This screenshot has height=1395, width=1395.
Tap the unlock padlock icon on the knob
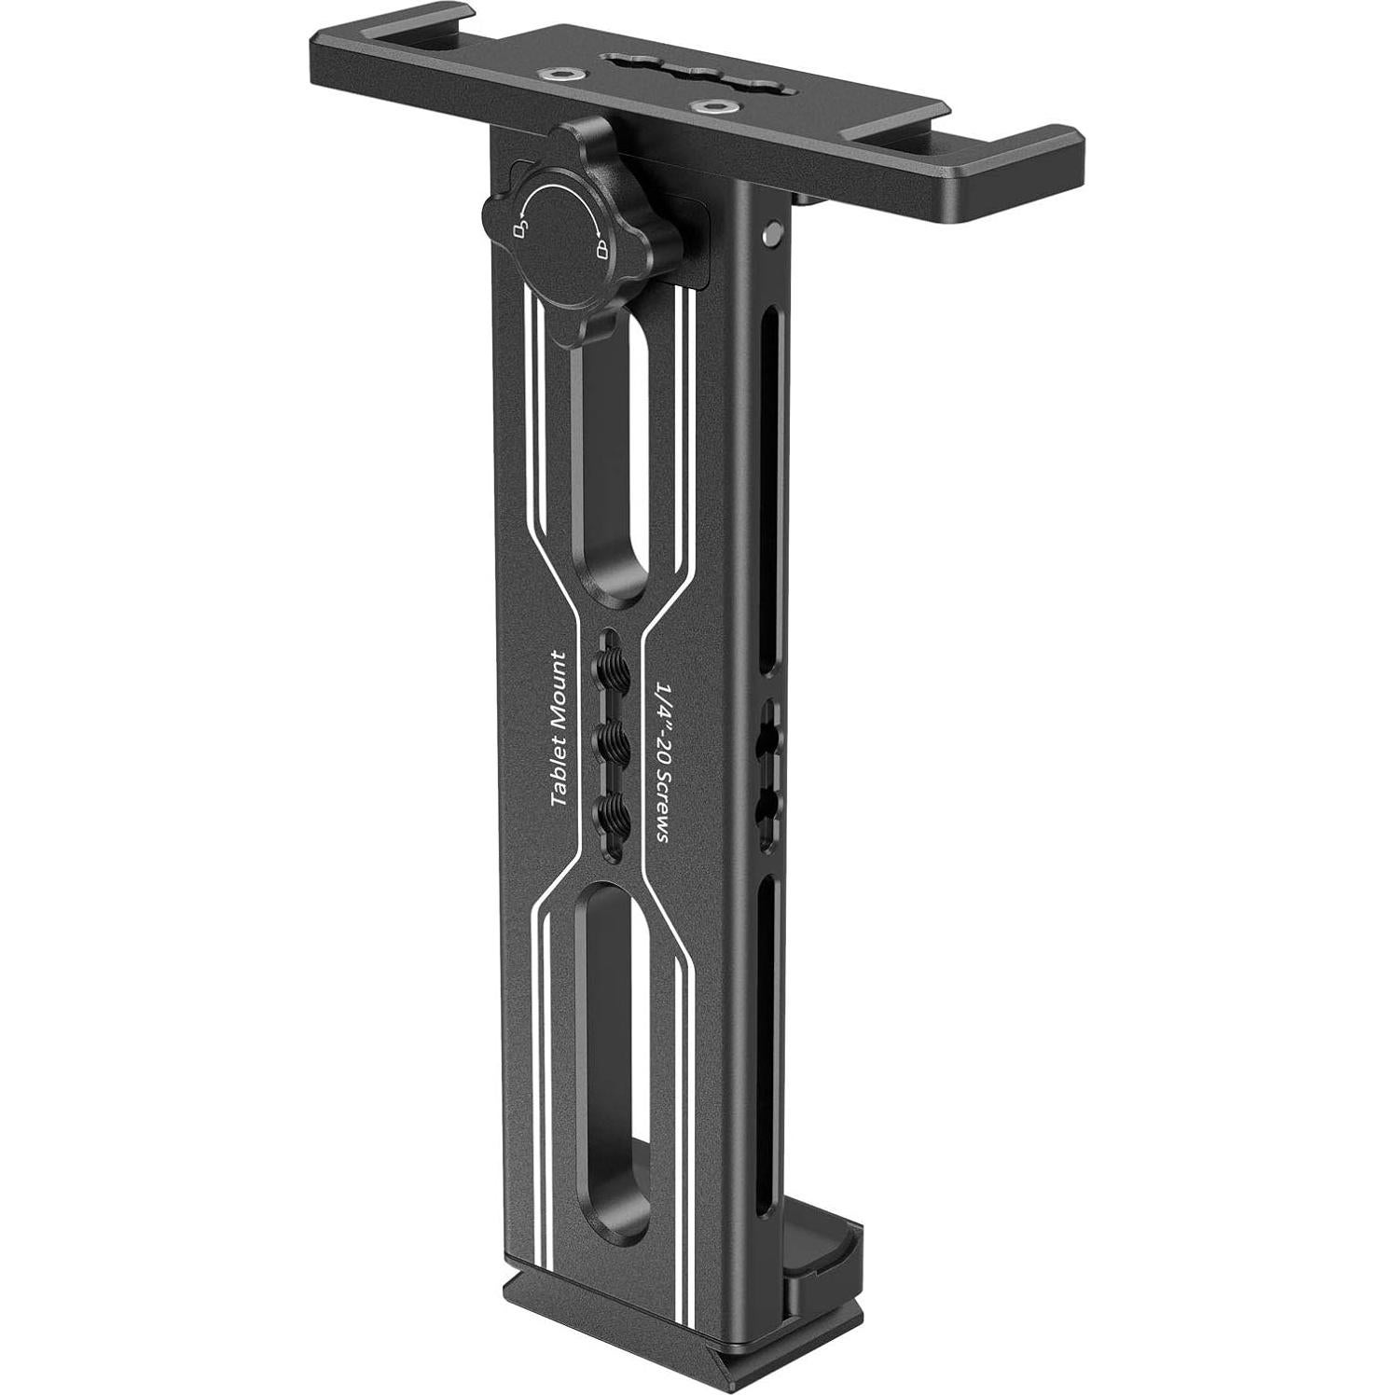[x=518, y=228]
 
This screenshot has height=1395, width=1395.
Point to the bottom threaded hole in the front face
[x=614, y=812]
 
